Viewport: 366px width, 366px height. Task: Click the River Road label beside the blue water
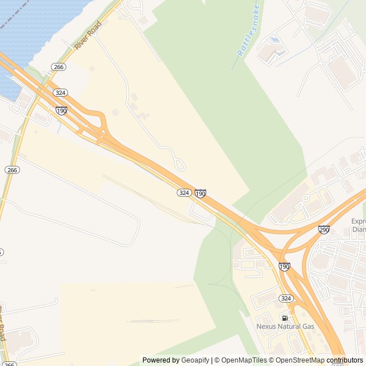click(x=87, y=35)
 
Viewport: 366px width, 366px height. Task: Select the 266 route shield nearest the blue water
click(x=58, y=67)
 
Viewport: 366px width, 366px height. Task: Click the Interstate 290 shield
click(x=324, y=229)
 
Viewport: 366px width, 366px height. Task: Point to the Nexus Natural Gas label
click(x=285, y=327)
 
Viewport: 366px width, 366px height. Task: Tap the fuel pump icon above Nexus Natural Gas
click(x=285, y=317)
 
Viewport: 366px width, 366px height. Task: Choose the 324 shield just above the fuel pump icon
click(x=286, y=299)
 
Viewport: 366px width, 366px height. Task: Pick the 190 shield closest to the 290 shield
click(x=284, y=266)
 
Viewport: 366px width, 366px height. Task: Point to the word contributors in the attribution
click(x=345, y=360)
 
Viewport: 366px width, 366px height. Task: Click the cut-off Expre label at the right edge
click(x=359, y=221)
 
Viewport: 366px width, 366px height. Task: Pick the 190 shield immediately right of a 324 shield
click(x=200, y=194)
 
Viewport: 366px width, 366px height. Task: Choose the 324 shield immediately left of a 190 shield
click(x=184, y=193)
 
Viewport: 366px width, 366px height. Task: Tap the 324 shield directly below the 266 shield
click(x=60, y=93)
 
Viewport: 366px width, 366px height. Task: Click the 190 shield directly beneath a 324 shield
click(x=61, y=110)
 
